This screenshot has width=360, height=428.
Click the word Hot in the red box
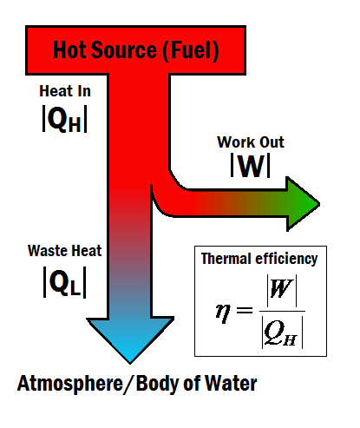point(69,50)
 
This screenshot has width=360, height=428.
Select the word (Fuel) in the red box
point(191,51)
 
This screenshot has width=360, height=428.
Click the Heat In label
point(65,91)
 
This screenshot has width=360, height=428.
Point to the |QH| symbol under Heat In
point(64,119)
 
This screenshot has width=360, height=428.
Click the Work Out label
point(251,142)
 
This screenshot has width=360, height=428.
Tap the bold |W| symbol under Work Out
point(251,166)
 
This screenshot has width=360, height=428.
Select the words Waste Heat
point(64,251)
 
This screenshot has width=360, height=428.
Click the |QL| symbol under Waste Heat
point(64,282)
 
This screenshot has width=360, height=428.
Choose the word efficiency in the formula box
point(284,259)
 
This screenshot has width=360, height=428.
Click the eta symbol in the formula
point(223,313)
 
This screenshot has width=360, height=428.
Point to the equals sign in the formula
point(245,311)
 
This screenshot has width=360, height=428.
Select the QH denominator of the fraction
point(282,333)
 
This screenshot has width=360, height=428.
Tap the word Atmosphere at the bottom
point(70,384)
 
